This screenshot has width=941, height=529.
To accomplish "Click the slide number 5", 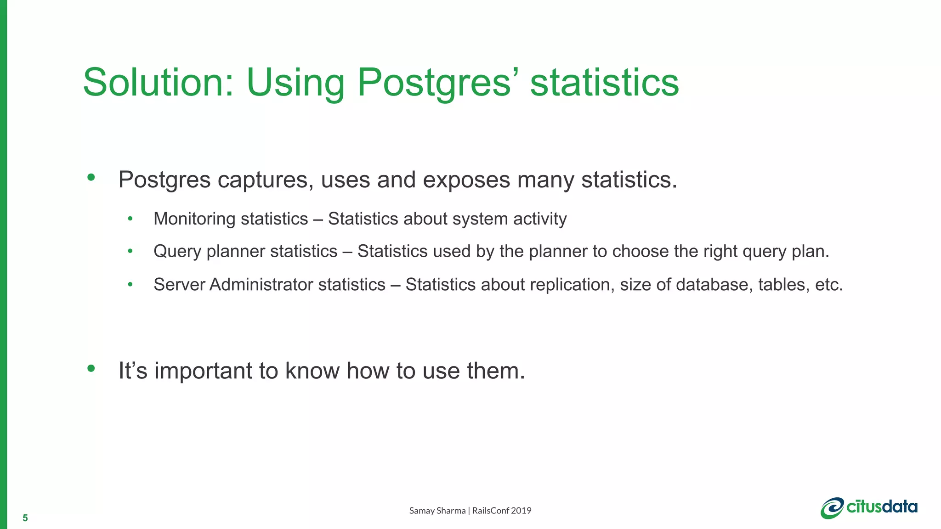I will coord(25,518).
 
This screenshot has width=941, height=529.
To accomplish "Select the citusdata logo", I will coord(869,508).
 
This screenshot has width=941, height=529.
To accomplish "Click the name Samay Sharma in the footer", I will coord(437,511).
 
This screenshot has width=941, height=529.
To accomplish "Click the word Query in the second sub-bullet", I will coord(177,252).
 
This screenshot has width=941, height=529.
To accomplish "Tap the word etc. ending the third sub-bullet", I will coord(829,285).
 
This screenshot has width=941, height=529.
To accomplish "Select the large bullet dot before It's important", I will coord(91,368).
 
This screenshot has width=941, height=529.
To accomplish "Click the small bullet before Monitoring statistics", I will coord(130,219).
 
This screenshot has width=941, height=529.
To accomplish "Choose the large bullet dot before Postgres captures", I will coord(91,177).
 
